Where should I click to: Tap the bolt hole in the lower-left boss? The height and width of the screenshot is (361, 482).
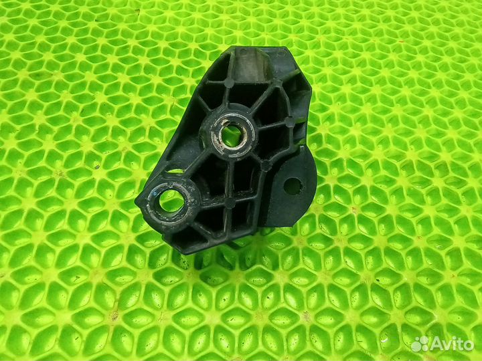click(x=171, y=200)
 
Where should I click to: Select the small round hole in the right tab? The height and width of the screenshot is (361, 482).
click(x=292, y=186)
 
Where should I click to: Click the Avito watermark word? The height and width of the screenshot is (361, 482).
click(x=451, y=344)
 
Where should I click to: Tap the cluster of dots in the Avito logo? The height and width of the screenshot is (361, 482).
click(x=420, y=344)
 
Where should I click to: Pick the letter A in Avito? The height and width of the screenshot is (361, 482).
click(x=436, y=344)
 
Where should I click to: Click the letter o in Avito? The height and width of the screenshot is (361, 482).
click(x=468, y=345)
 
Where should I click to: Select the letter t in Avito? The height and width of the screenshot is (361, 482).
click(x=459, y=344)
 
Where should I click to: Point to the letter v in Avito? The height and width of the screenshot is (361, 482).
click(x=446, y=345)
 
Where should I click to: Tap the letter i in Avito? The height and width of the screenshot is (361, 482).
click(x=453, y=344)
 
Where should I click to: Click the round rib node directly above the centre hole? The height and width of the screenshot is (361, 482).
click(x=229, y=84)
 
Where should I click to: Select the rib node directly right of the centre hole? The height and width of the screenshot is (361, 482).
click(x=289, y=122)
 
